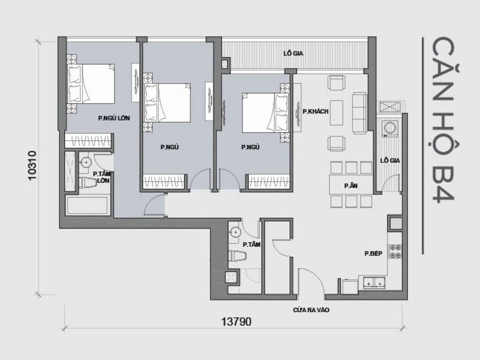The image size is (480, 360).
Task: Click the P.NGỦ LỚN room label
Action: point(114,119)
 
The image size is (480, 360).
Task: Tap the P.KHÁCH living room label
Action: point(315,112)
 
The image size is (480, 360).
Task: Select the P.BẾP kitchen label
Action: point(374,254)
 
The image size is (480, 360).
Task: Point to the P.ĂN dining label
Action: point(351,186)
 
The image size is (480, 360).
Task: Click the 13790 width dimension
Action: point(237,322)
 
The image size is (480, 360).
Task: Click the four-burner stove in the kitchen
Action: point(394,252)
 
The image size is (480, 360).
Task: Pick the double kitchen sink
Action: point(374,282)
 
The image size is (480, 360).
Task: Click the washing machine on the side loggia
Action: point(389,128)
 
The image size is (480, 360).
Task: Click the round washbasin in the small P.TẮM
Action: point(235,232)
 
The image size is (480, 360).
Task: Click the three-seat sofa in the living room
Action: point(360,112)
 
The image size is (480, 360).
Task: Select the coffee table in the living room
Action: point(337,112)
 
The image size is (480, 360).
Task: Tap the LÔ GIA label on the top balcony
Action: point(293,53)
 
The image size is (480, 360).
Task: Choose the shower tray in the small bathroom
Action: point(232,277)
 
